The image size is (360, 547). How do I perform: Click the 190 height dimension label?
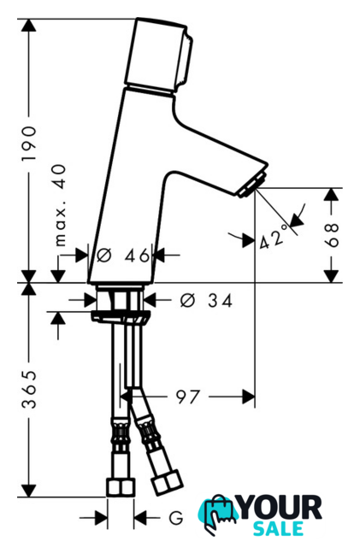[29, 144]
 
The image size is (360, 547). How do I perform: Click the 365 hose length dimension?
[29, 390]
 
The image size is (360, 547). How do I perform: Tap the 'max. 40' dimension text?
[60, 205]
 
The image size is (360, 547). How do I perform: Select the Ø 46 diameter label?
[122, 256]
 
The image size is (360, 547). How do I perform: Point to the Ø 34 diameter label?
[206, 300]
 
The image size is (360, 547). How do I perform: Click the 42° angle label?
[274, 238]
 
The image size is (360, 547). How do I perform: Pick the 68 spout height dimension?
[332, 235]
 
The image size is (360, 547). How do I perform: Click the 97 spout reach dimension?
[188, 397]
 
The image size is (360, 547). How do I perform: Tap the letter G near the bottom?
[175, 518]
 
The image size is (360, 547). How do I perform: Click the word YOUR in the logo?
[280, 509]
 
